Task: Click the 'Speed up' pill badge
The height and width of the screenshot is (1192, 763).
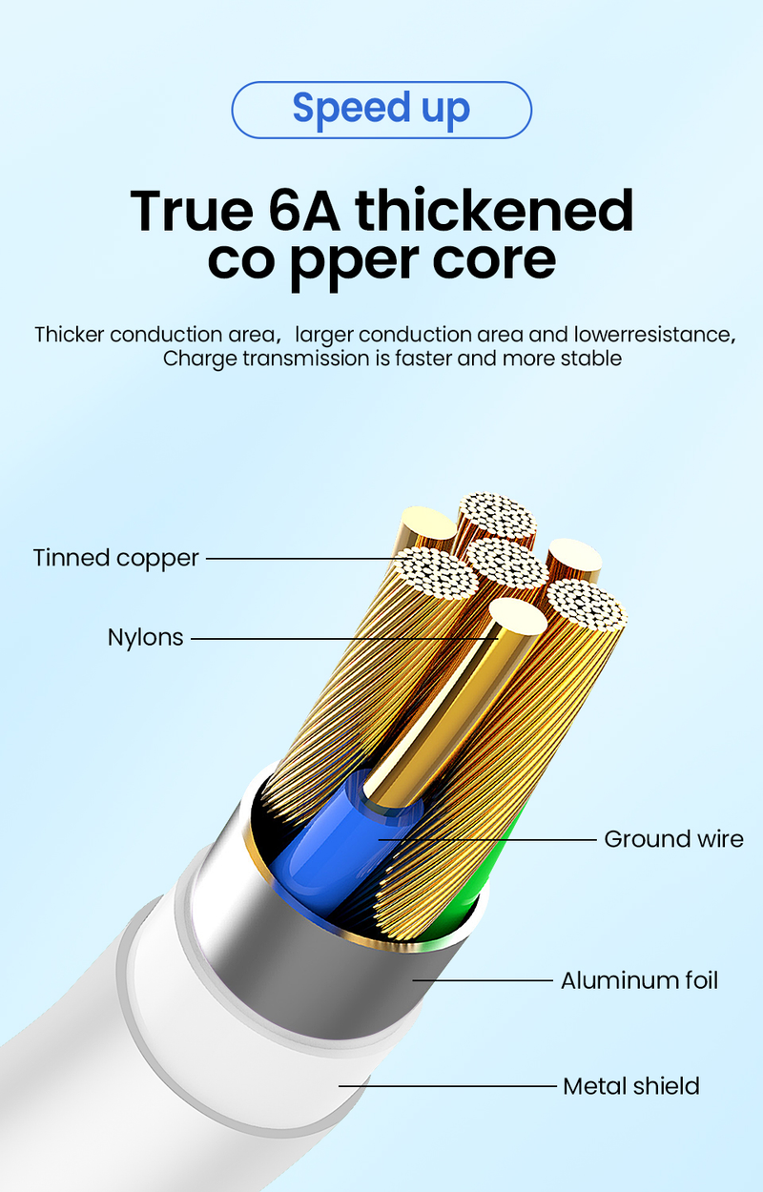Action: pyautogui.click(x=381, y=109)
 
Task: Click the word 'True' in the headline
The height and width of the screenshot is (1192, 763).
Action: pyautogui.click(x=187, y=211)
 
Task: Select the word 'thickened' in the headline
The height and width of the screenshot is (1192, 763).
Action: pyautogui.click(x=494, y=211)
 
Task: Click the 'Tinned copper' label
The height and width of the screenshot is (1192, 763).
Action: pyautogui.click(x=115, y=558)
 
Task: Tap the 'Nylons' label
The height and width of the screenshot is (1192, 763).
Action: pyautogui.click(x=145, y=637)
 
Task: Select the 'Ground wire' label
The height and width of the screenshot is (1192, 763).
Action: pyautogui.click(x=673, y=839)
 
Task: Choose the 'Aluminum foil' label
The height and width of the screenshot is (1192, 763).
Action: pyautogui.click(x=639, y=980)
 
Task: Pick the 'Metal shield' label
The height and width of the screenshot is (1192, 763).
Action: pyautogui.click(x=630, y=1086)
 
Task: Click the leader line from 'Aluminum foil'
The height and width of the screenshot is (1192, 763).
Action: pyautogui.click(x=486, y=980)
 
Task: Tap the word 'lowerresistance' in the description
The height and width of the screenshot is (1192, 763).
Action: pyautogui.click(x=653, y=335)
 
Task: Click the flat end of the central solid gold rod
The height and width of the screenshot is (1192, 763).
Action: pyautogui.click(x=516, y=617)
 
